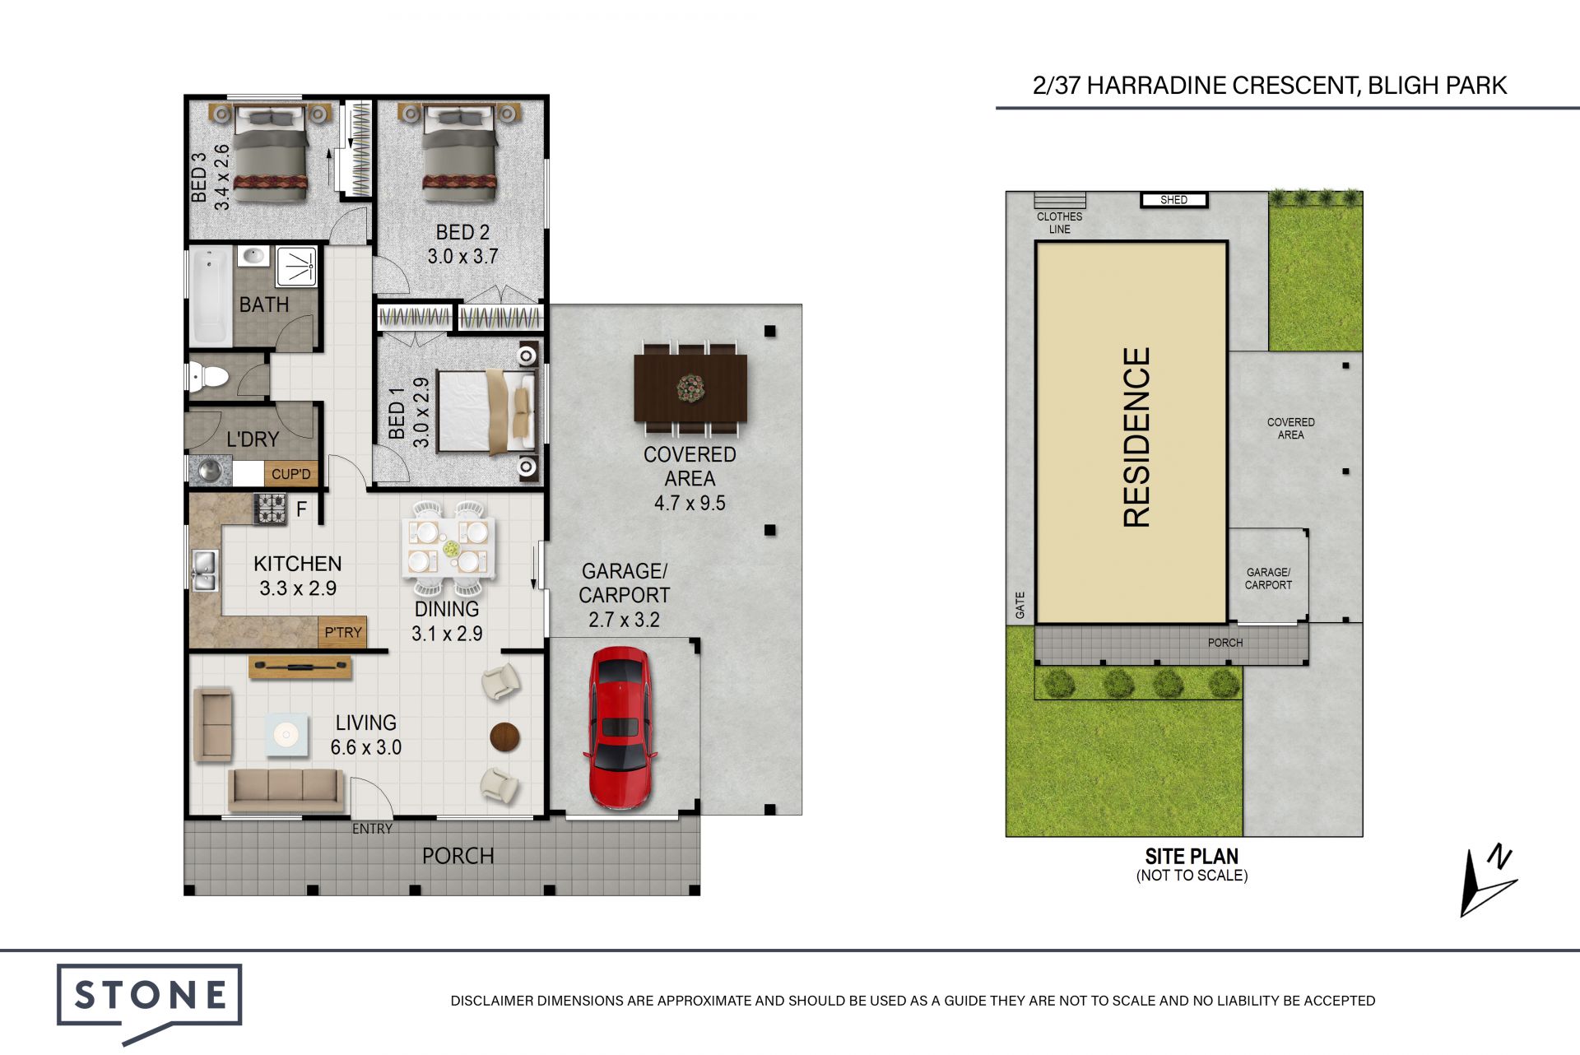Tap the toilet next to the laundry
coord(209,377)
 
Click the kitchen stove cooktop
coord(270,509)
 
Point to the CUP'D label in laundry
coord(291,474)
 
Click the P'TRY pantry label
coord(343,632)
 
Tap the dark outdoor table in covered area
coord(690,388)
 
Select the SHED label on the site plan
coord(1174,200)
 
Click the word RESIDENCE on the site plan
coord(1136,437)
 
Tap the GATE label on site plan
coord(1020,605)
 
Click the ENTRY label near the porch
coord(372,829)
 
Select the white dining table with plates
coord(449,547)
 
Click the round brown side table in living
coord(505,737)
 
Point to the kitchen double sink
coord(204,570)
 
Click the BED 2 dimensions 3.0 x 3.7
coord(462,257)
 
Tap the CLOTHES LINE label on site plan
coord(1060,223)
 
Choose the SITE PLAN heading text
coord(1192,856)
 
